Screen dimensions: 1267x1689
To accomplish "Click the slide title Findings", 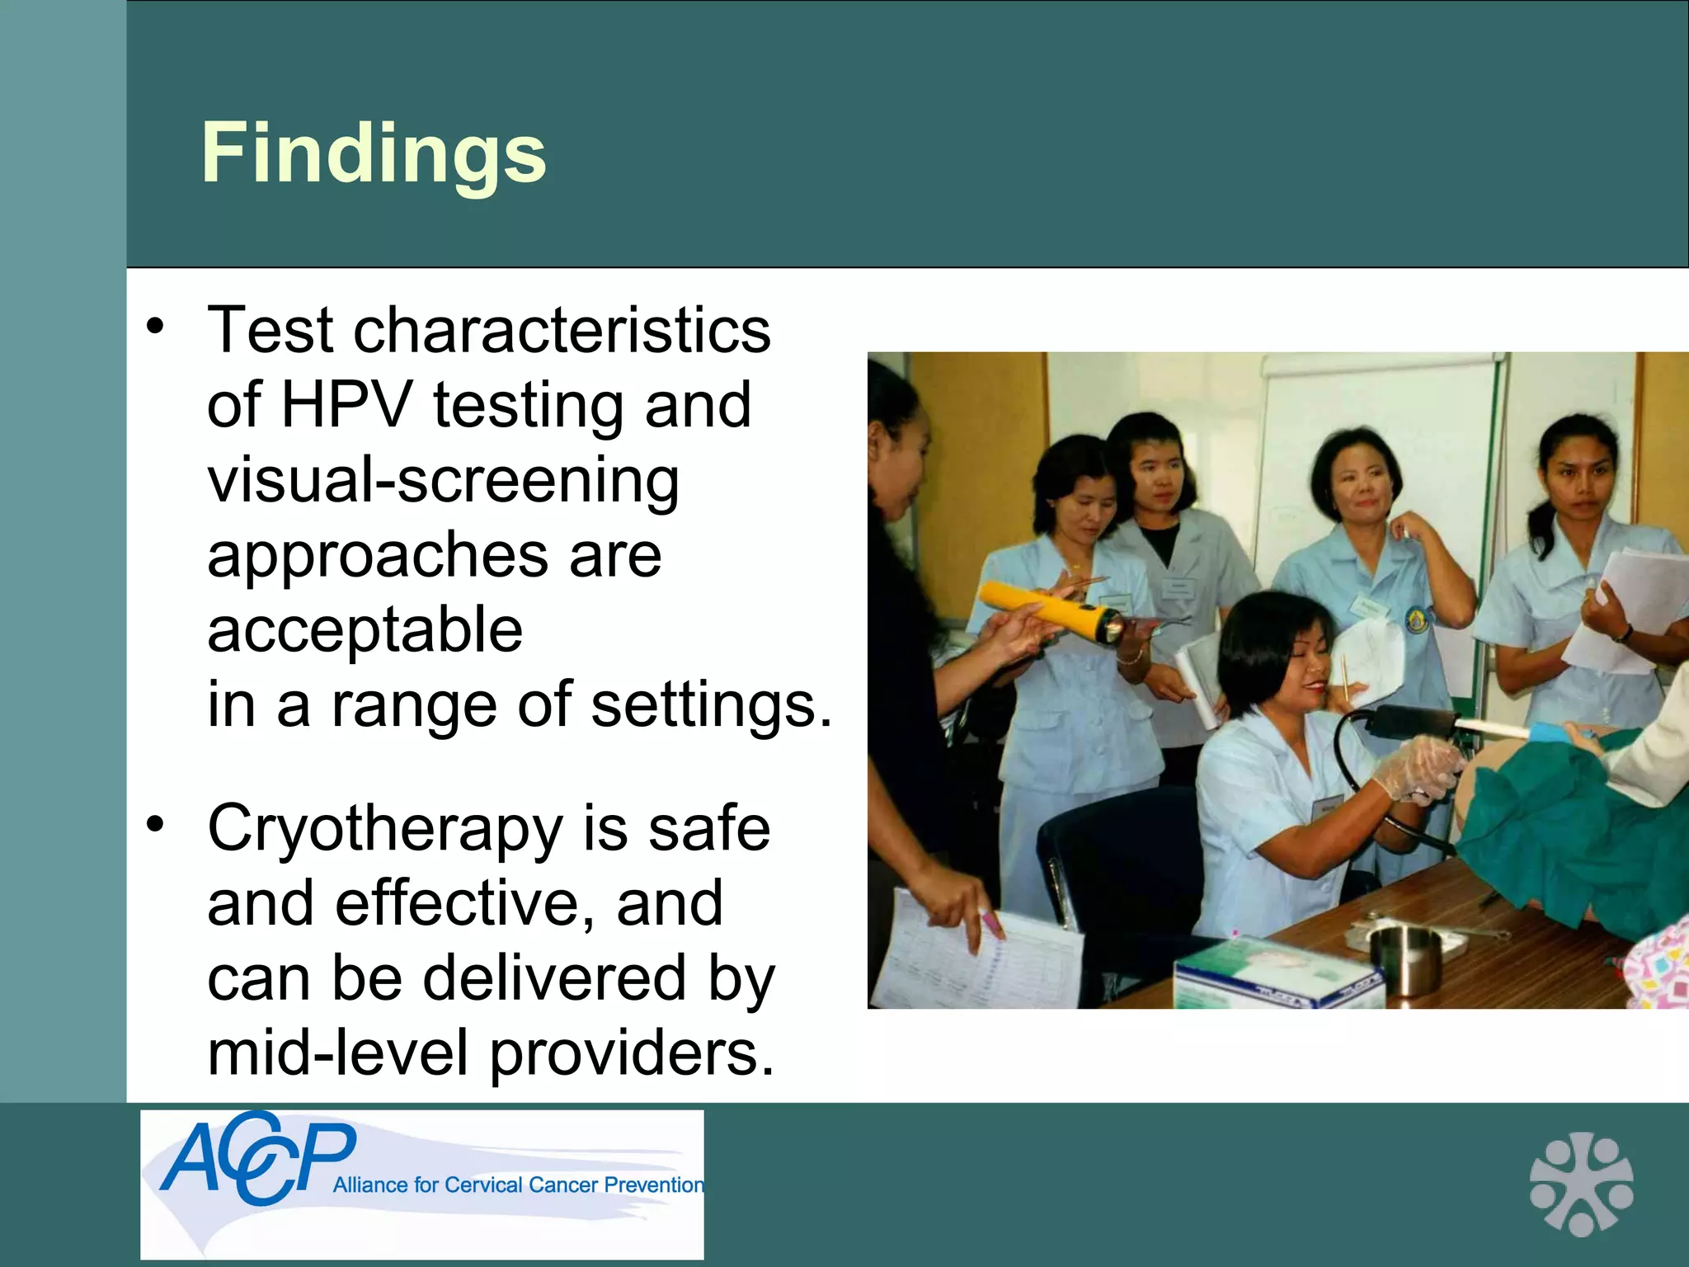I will pyautogui.click(x=374, y=153).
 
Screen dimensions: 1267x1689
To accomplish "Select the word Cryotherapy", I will pyautogui.click(x=384, y=830).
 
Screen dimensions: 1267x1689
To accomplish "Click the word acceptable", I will pyautogui.click(x=365, y=629).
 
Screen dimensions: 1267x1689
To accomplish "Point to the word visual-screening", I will pyautogui.click(x=443, y=481).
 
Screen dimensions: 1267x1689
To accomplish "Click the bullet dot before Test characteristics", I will pyautogui.click(x=155, y=327).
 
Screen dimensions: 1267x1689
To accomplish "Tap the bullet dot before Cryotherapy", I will pyautogui.click(x=155, y=824).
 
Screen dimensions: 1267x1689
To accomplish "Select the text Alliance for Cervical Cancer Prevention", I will pyautogui.click(x=518, y=1185).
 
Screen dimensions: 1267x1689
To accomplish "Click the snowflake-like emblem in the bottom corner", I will pyautogui.click(x=1580, y=1183).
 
